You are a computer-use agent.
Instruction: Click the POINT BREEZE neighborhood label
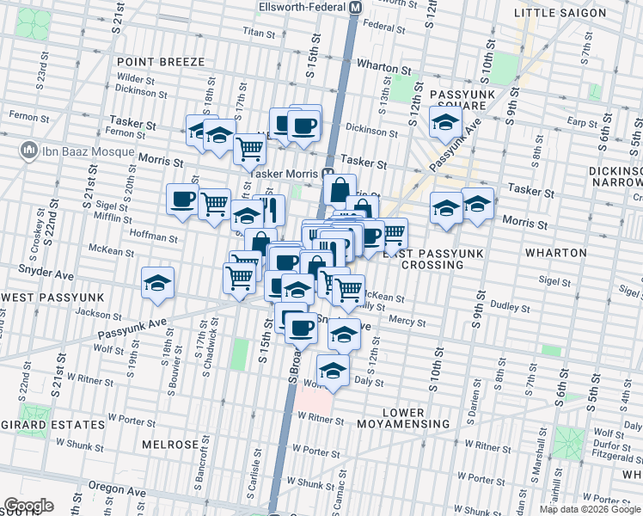[x=161, y=62]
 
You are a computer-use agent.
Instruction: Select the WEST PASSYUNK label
[x=52, y=297]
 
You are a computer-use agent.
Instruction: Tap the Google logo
[x=28, y=506]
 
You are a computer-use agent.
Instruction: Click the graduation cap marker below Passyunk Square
[x=445, y=122]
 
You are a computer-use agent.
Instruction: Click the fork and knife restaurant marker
[x=269, y=209]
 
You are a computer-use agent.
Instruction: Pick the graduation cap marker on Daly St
[x=333, y=370]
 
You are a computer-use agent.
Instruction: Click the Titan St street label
[x=258, y=34]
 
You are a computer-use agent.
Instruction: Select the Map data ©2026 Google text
[x=589, y=509]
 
